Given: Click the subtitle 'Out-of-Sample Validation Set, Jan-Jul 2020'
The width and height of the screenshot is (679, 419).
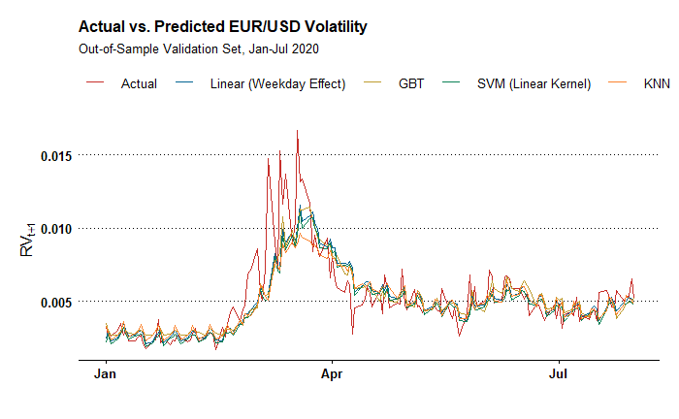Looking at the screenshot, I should pyautogui.click(x=199, y=48).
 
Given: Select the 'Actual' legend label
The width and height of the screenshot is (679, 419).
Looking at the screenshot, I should pyautogui.click(x=139, y=83).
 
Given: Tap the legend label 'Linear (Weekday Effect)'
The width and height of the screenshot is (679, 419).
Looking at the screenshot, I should pyautogui.click(x=277, y=83).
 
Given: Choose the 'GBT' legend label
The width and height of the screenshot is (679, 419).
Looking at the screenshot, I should pyautogui.click(x=411, y=83).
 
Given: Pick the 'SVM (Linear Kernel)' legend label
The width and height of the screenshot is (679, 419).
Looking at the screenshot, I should pyautogui.click(x=534, y=83).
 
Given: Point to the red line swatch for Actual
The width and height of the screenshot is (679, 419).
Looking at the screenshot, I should pyautogui.click(x=96, y=83).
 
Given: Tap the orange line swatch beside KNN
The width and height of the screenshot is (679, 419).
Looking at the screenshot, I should pyautogui.click(x=618, y=83).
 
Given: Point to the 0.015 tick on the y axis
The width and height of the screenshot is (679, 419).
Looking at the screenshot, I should pyautogui.click(x=56, y=154).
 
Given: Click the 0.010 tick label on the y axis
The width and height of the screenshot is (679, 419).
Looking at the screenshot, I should pyautogui.click(x=56, y=228).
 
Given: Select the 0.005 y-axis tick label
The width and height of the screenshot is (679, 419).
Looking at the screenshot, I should pyautogui.click(x=56, y=302).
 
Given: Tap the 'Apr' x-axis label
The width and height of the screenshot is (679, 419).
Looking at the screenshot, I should pyautogui.click(x=333, y=372).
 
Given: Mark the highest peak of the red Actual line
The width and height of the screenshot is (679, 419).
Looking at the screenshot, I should pyautogui.click(x=297, y=131).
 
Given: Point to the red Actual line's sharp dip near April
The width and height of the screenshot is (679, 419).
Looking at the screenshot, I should pyautogui.click(x=352, y=334).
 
